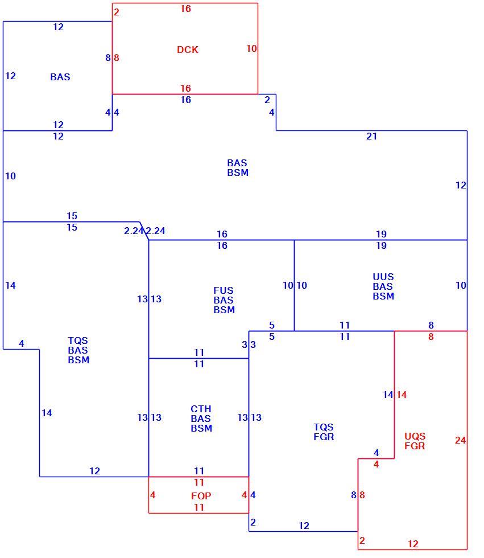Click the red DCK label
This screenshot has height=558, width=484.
pyautogui.click(x=187, y=50)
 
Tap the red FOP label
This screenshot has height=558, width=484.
pyautogui.click(x=201, y=496)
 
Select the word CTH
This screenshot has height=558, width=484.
pyautogui.click(x=201, y=409)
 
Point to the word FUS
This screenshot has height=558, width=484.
pyautogui.click(x=224, y=290)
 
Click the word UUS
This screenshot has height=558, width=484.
pyautogui.click(x=383, y=277)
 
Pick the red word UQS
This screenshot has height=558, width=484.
pyautogui.click(x=415, y=436)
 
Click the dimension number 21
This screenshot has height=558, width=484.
pyautogui.click(x=372, y=136)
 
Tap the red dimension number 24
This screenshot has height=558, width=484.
pyautogui.click(x=460, y=440)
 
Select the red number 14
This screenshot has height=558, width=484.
pyautogui.click(x=402, y=395)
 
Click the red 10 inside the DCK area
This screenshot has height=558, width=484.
pyautogui.click(x=251, y=48)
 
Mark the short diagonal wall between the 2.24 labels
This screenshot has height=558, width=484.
pyautogui.click(x=144, y=231)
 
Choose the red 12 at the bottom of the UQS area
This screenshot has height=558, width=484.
pyautogui.click(x=413, y=544)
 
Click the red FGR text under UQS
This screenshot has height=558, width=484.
pyautogui.click(x=415, y=446)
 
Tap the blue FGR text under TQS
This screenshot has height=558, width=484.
pyautogui.click(x=324, y=437)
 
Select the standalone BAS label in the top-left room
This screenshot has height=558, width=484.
pyautogui.click(x=60, y=77)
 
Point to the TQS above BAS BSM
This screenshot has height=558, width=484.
pyautogui.click(x=78, y=340)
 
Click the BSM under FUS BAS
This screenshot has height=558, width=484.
pyautogui.click(x=224, y=310)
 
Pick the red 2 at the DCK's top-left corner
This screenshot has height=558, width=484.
pyautogui.click(x=116, y=12)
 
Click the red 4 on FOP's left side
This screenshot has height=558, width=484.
pyautogui.click(x=152, y=495)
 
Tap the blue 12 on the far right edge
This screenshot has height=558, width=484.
pyautogui.click(x=461, y=185)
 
